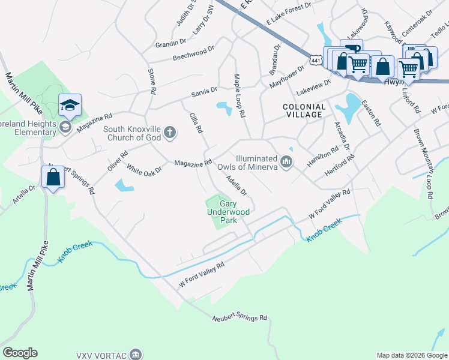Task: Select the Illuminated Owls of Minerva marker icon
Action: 287,163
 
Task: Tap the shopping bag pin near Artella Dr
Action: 53,178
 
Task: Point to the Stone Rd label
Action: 152,81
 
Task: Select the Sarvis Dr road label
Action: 204,92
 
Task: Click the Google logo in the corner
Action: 20,353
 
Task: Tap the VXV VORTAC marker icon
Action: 137,354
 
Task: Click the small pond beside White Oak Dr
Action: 124,185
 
